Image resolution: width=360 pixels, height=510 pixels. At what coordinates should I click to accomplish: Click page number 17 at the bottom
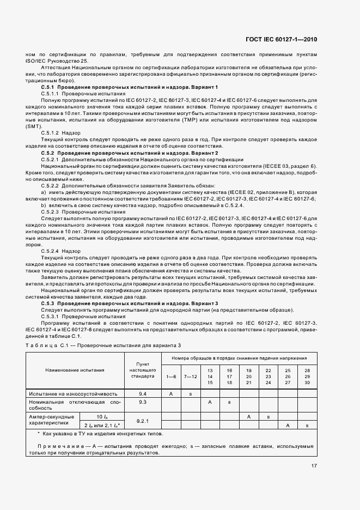314,466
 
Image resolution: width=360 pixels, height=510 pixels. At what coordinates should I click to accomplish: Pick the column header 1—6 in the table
171,377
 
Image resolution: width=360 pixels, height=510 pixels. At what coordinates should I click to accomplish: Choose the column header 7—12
191,377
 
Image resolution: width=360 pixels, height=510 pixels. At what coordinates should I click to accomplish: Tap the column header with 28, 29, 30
307,376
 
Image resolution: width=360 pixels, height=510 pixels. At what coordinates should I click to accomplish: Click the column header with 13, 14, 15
210,376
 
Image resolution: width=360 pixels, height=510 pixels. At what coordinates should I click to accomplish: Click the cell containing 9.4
143,393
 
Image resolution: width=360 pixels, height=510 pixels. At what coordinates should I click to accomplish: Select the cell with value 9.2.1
143,421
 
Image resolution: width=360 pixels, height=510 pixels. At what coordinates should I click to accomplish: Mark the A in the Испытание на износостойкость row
171,393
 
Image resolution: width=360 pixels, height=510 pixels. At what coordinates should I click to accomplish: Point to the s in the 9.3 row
229,402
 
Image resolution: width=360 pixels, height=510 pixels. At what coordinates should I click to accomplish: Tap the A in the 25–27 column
287,425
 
